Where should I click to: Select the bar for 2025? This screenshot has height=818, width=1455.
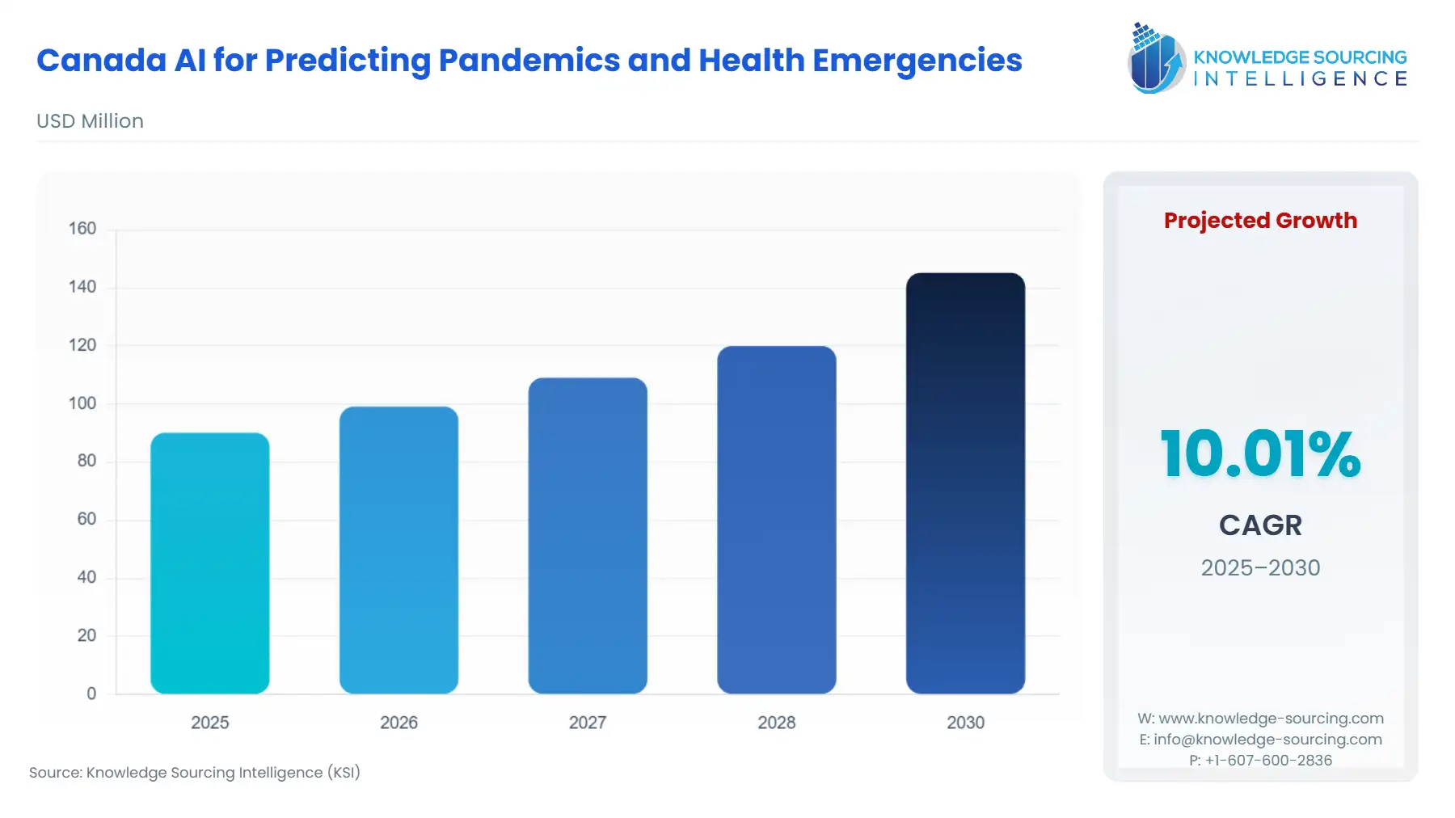pos(209,563)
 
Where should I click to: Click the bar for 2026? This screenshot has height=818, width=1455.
pos(399,550)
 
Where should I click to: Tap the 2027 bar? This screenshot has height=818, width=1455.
pos(588,535)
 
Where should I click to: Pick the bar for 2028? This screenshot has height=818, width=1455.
pos(776,520)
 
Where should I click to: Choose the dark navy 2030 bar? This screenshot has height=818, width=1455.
pos(965,483)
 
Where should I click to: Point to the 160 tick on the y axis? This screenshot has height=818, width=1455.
pos(82,229)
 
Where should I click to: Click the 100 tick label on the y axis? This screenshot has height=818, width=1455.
pos(82,403)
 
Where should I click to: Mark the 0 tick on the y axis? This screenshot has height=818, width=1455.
pos(91,694)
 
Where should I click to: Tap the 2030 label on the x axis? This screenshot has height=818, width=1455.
pos(965,723)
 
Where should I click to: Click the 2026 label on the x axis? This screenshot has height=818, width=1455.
pos(399,723)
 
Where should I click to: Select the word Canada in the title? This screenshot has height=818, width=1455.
pos(101,61)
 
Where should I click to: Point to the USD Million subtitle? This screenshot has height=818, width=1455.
pos(90,121)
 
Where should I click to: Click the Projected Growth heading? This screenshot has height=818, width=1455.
pos(1260,221)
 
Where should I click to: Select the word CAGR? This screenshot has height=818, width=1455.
pos(1260,525)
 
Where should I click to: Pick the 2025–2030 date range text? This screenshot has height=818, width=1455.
pos(1260,567)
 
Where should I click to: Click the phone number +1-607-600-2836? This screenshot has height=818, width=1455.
pos(1268,761)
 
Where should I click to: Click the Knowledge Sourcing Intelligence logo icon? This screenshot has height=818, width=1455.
pos(1155,58)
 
